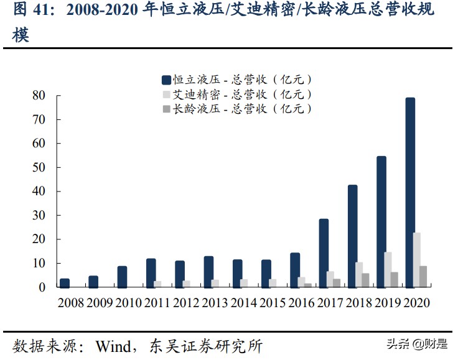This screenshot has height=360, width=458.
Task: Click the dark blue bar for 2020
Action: (410, 192)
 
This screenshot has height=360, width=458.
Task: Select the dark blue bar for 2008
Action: (65, 283)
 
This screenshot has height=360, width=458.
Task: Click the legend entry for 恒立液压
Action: (236, 80)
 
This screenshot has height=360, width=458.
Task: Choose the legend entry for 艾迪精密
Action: (236, 95)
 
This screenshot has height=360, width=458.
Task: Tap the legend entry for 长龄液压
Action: (236, 109)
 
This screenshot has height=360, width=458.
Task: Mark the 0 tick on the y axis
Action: (42, 288)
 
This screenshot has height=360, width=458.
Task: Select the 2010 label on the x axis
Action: (128, 303)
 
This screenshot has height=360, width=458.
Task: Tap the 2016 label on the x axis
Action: (302, 303)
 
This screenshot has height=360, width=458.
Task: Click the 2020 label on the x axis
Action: (416, 303)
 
